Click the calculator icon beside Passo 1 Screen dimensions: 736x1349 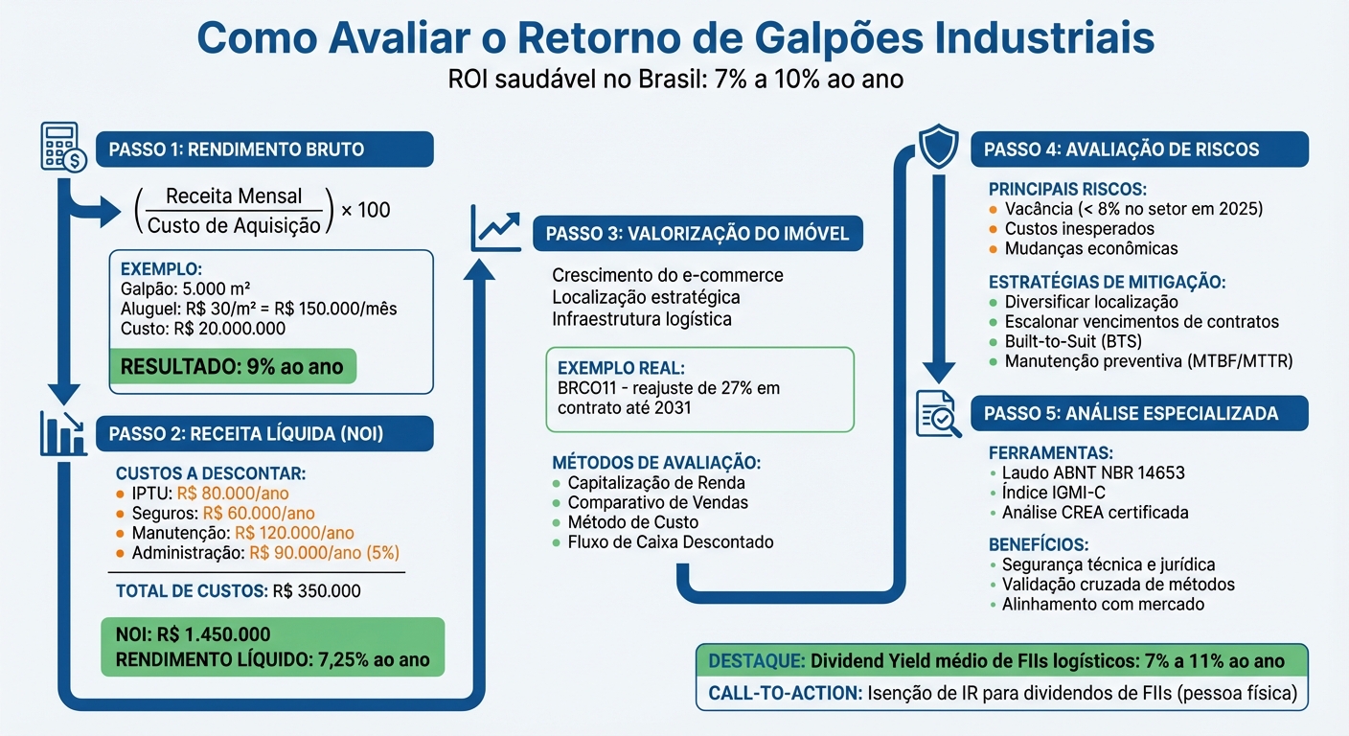(62, 147)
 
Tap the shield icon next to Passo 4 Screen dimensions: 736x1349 (938, 147)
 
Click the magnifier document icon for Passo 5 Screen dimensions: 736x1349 (938, 413)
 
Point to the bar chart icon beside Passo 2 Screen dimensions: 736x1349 (62, 432)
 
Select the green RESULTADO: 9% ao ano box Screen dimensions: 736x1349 (232, 367)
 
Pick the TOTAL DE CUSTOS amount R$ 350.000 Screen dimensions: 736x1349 (316, 591)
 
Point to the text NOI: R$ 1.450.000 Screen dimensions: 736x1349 (193, 634)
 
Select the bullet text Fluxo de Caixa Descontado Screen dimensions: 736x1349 (671, 542)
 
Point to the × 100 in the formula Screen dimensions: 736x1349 (365, 210)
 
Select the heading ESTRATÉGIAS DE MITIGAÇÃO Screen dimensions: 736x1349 (1107, 283)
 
